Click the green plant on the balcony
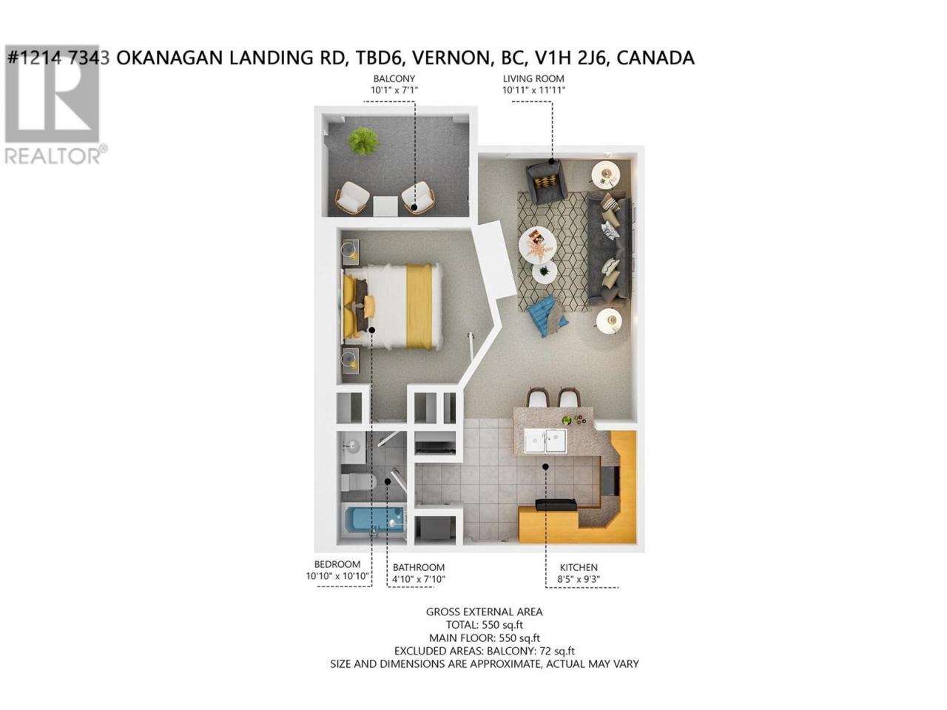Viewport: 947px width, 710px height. click(x=363, y=141)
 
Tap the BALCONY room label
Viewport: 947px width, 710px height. click(x=394, y=79)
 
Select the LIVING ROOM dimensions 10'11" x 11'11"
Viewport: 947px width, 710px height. click(x=533, y=90)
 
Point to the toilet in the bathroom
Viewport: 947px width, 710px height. click(x=359, y=482)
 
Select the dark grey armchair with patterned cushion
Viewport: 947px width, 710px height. click(x=545, y=181)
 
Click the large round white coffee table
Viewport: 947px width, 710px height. click(x=537, y=246)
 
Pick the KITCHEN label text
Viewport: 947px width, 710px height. click(x=578, y=567)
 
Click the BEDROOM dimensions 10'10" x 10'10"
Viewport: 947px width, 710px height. click(x=338, y=576)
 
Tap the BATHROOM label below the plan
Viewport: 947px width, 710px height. click(x=418, y=567)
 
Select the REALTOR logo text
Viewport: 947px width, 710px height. click(x=53, y=156)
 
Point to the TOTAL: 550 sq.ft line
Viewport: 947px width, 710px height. click(x=484, y=625)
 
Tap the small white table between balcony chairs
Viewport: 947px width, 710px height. click(x=385, y=206)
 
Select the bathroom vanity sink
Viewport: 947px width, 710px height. click(x=354, y=447)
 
